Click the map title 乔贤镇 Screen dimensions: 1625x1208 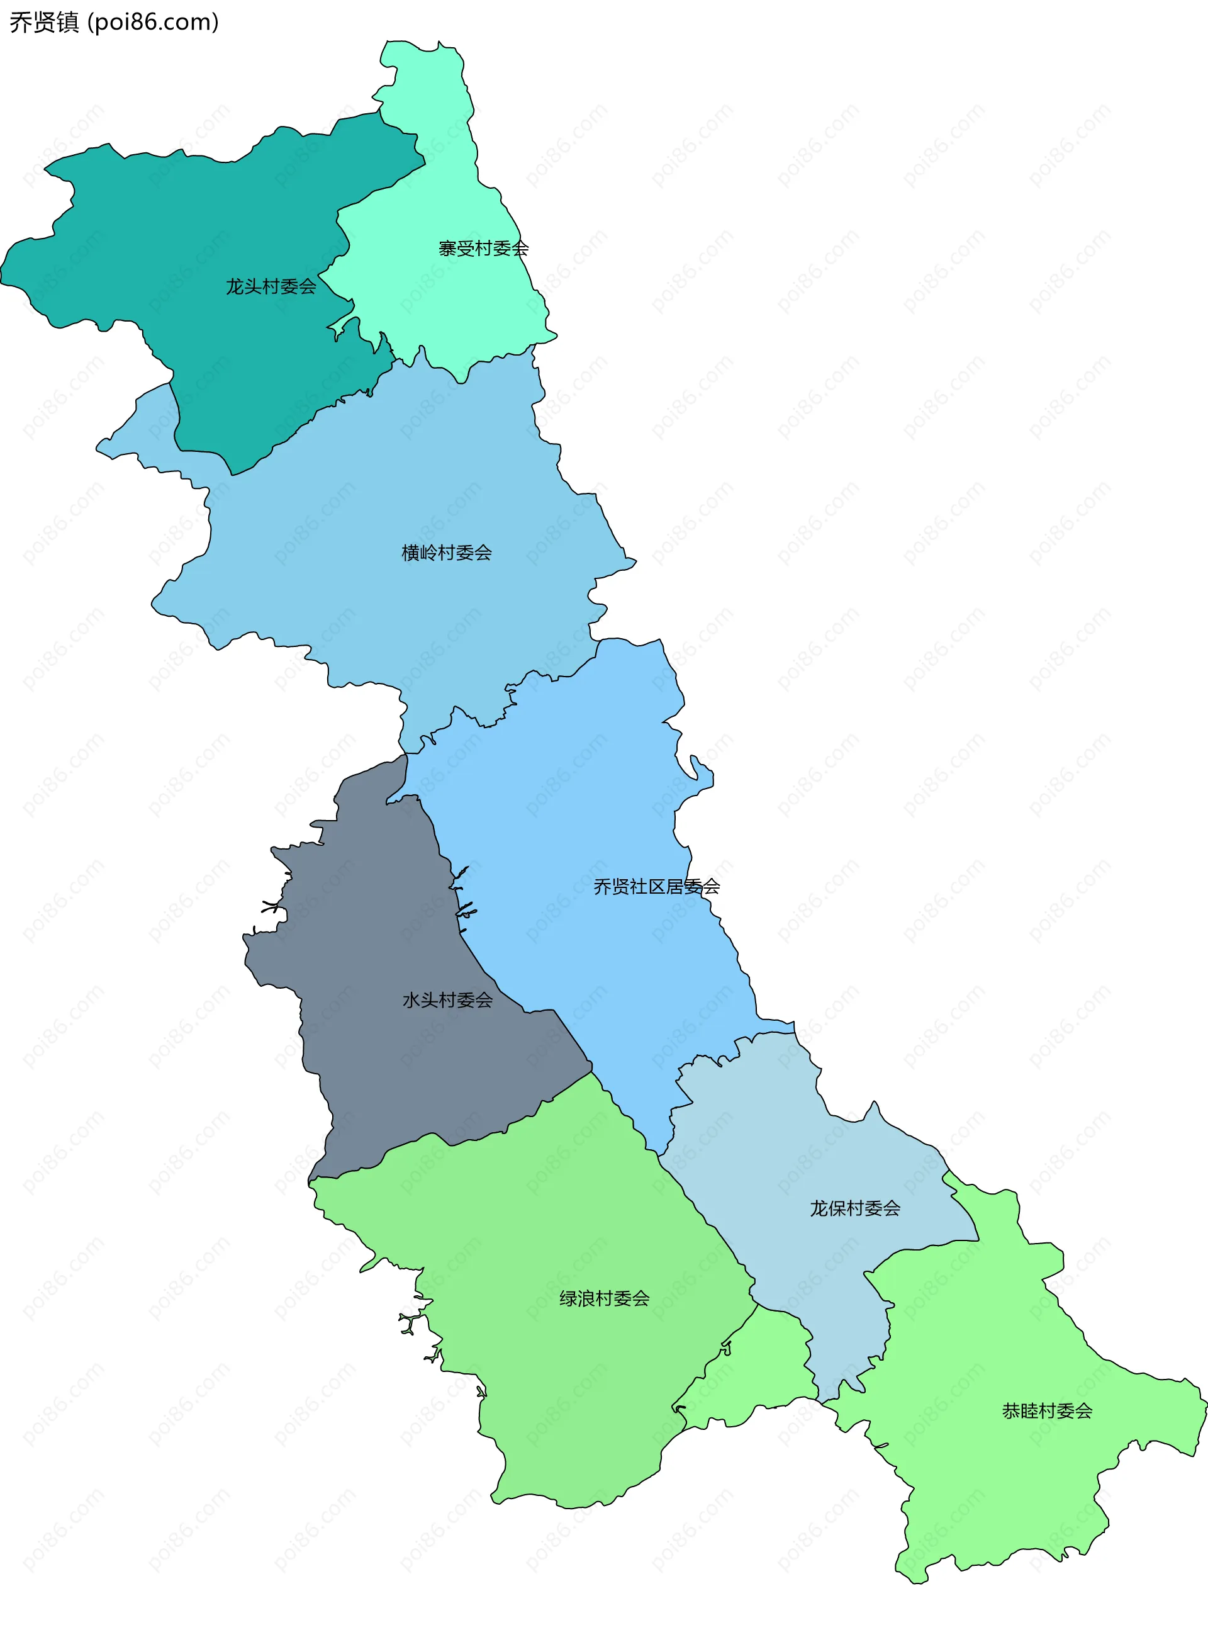pyautogui.click(x=44, y=22)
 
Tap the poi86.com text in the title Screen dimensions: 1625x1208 pyautogui.click(x=154, y=22)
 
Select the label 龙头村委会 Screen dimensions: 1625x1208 pyautogui.click(x=271, y=286)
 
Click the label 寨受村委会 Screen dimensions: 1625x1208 pyautogui.click(x=483, y=249)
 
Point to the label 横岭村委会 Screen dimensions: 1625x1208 pyautogui.click(x=447, y=553)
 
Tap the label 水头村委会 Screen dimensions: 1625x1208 pyautogui.click(x=447, y=999)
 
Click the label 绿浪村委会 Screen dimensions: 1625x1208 pyautogui.click(x=604, y=1298)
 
